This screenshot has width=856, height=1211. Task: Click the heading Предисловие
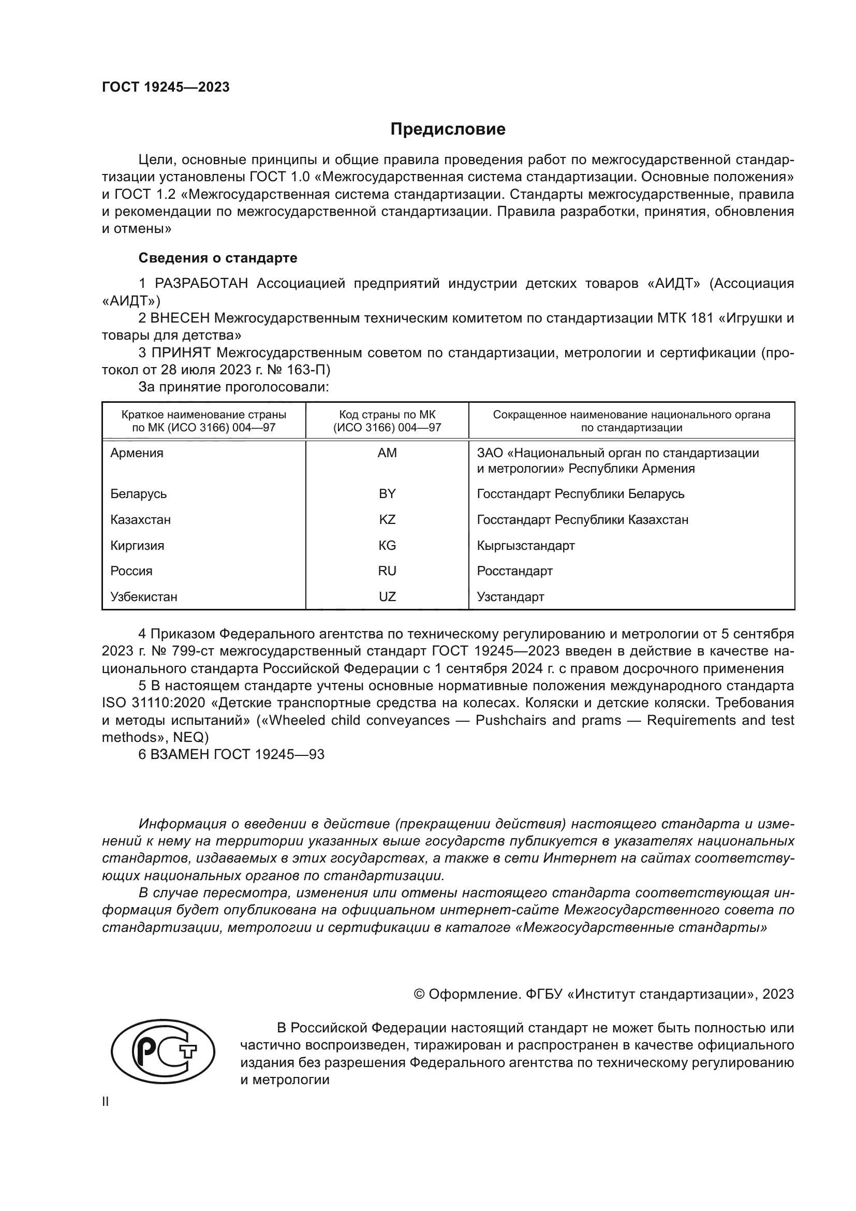click(x=448, y=129)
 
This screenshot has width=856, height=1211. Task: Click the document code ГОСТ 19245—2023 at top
click(x=166, y=87)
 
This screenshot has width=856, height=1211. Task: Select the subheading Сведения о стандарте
click(x=218, y=258)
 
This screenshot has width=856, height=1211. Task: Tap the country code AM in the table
click(x=387, y=453)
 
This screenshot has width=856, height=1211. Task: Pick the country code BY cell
click(x=387, y=494)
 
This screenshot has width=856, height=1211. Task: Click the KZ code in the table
click(x=387, y=519)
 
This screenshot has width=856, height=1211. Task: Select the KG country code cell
click(x=387, y=545)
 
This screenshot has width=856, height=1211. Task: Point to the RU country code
click(x=387, y=571)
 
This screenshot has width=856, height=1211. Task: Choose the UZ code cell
click(x=387, y=596)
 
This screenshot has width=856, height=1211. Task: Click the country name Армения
click(x=137, y=453)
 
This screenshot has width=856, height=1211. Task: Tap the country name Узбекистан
click(x=144, y=596)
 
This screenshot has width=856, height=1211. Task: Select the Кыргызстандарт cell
click(x=525, y=545)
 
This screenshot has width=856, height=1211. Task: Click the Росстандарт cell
click(x=514, y=571)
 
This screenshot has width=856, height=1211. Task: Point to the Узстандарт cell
click(x=510, y=596)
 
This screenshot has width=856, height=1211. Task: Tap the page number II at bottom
click(x=106, y=1101)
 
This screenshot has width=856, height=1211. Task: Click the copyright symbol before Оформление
click(x=419, y=994)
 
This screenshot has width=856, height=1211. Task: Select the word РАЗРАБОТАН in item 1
click(x=201, y=284)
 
